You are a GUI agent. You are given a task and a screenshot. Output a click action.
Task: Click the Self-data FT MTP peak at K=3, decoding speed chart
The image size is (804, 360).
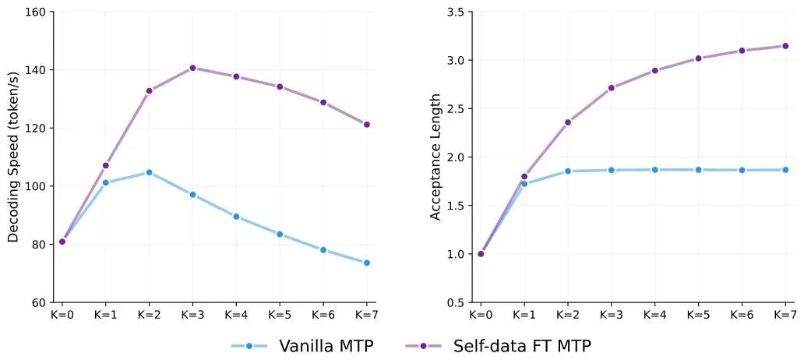(x=192, y=68)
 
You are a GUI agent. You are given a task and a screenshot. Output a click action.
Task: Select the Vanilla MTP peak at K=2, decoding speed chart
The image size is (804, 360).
(x=149, y=172)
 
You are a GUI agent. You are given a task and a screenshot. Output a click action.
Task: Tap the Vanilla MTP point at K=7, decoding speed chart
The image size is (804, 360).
(x=366, y=263)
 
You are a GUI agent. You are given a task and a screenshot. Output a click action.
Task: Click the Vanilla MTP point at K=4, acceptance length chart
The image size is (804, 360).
(x=654, y=170)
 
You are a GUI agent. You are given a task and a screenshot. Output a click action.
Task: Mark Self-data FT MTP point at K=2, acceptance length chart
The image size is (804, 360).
(x=567, y=122)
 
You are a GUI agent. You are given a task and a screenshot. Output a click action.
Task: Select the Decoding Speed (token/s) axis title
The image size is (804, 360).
(x=13, y=157)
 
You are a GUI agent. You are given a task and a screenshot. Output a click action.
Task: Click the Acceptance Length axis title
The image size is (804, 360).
(x=436, y=157)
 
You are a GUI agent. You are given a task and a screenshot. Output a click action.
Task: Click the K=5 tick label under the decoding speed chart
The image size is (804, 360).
(x=279, y=316)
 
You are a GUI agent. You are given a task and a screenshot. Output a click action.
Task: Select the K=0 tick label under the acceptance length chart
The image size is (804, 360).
(x=481, y=316)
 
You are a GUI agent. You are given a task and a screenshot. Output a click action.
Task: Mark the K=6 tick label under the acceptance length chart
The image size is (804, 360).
(x=741, y=316)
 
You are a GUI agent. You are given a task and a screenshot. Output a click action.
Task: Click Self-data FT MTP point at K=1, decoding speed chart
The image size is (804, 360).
(x=105, y=165)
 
